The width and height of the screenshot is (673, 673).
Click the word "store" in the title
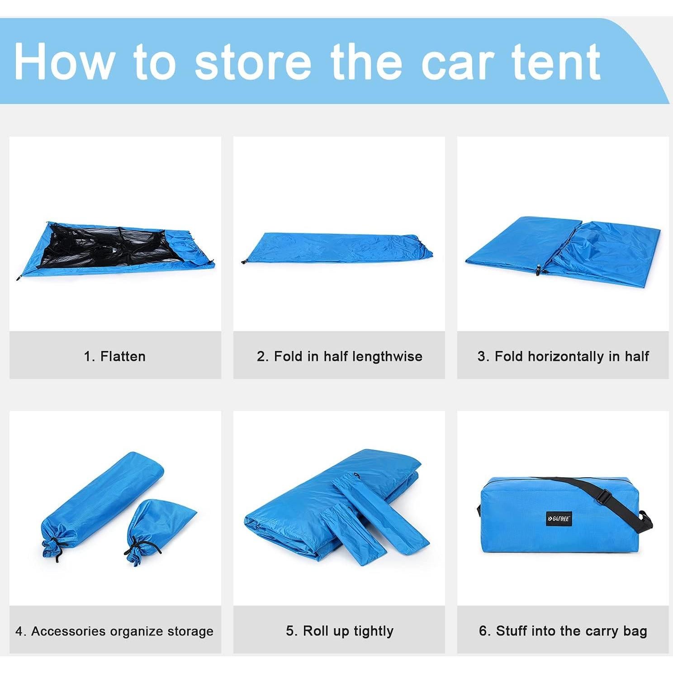pyautogui.click(x=253, y=62)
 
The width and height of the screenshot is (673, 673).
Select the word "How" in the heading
pyautogui.click(x=63, y=62)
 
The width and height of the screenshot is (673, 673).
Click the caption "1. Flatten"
pyautogui.click(x=115, y=356)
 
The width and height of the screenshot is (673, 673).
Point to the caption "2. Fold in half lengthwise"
pyautogui.click(x=339, y=356)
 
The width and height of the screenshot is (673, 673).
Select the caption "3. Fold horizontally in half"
pyautogui.click(x=563, y=356)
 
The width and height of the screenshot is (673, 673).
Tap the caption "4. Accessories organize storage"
pyautogui.click(x=114, y=631)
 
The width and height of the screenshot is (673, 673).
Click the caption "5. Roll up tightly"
pyautogui.click(x=339, y=631)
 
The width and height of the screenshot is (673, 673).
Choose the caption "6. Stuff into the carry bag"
pyautogui.click(x=563, y=631)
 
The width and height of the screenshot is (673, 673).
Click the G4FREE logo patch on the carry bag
pyautogui.click(x=559, y=519)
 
